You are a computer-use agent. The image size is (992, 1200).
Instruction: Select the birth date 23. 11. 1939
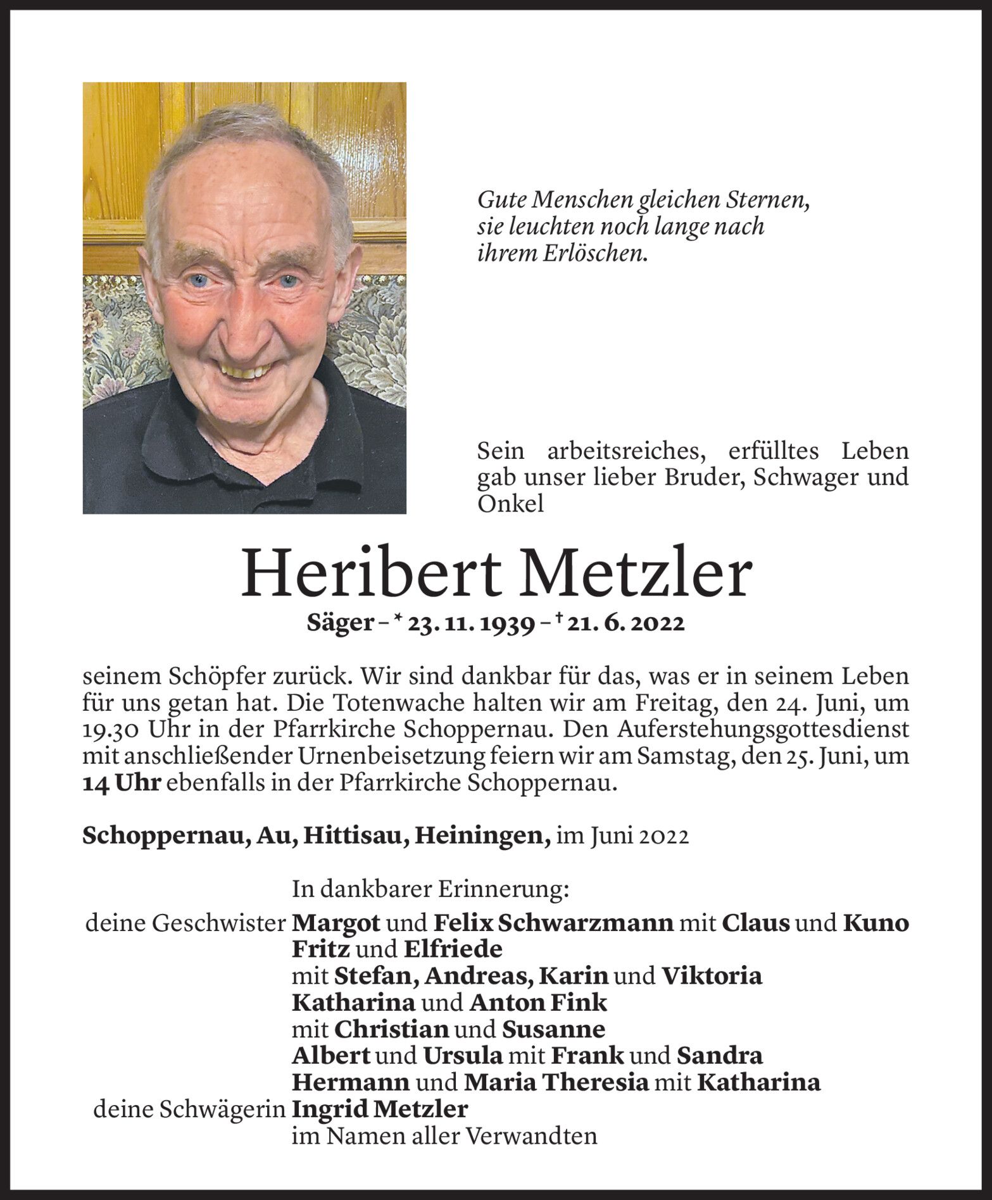pyautogui.click(x=468, y=624)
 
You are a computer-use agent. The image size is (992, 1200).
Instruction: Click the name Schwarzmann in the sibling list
pyautogui.click(x=586, y=923)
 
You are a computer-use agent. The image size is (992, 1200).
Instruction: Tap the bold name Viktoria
pyautogui.click(x=711, y=977)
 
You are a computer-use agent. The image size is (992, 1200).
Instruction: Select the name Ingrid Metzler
pyautogui.click(x=380, y=1109)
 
